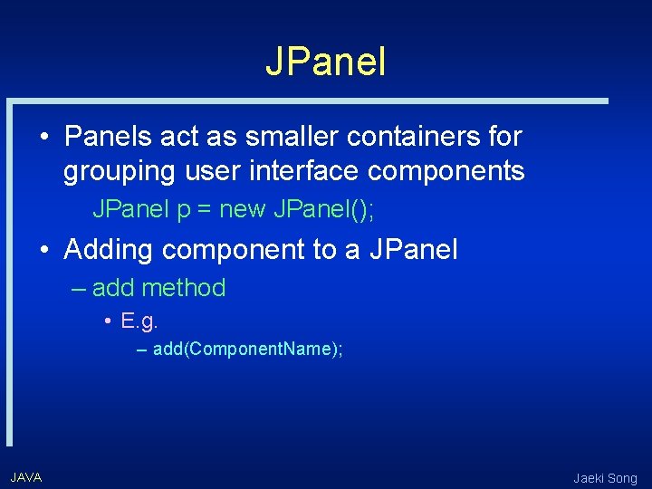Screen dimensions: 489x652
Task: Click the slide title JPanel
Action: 326,62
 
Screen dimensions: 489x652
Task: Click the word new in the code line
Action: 243,210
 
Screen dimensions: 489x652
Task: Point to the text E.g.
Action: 139,321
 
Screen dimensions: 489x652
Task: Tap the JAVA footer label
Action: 26,477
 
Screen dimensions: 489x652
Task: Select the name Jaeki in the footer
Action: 589,478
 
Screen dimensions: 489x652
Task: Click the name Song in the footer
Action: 624,478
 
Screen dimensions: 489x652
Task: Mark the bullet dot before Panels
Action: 44,138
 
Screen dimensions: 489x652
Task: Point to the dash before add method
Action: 78,289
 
